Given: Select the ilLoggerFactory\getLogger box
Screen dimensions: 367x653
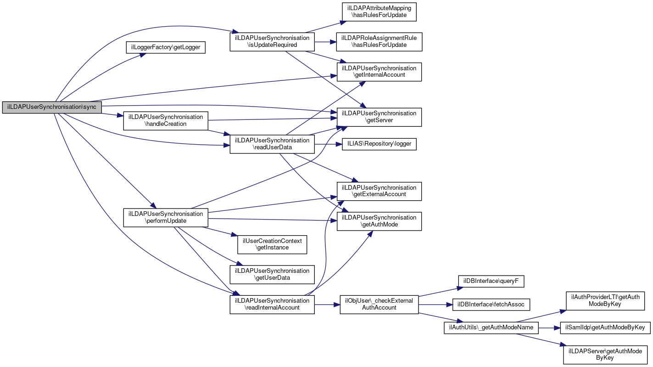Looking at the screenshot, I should point(166,47).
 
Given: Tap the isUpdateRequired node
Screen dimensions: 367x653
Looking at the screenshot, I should point(272,41).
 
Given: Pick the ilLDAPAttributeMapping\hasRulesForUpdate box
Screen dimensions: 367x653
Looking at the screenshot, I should point(379,11).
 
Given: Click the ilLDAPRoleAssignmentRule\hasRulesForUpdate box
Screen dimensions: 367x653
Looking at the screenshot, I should point(379,41).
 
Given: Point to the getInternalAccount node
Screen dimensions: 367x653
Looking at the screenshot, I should point(379,72).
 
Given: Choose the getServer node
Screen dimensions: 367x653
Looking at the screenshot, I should point(379,117).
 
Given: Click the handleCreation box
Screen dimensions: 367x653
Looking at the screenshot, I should point(166,120).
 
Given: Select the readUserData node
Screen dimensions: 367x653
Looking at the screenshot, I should point(272,144).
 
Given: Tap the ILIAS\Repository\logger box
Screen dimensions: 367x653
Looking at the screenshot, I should point(379,144).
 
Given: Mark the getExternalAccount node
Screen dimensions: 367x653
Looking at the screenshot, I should point(379,191).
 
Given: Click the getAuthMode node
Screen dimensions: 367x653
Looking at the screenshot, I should point(379,221).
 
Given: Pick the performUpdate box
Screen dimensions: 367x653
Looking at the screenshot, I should point(166,217).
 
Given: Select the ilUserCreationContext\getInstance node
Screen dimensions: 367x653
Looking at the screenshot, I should point(272,244).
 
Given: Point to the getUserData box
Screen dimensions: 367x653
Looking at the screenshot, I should point(272,274).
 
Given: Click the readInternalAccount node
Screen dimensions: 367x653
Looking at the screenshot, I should point(272,304).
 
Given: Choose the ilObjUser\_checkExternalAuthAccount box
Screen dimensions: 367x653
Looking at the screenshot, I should point(379,304).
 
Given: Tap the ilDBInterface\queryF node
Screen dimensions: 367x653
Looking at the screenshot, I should point(491,280).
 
